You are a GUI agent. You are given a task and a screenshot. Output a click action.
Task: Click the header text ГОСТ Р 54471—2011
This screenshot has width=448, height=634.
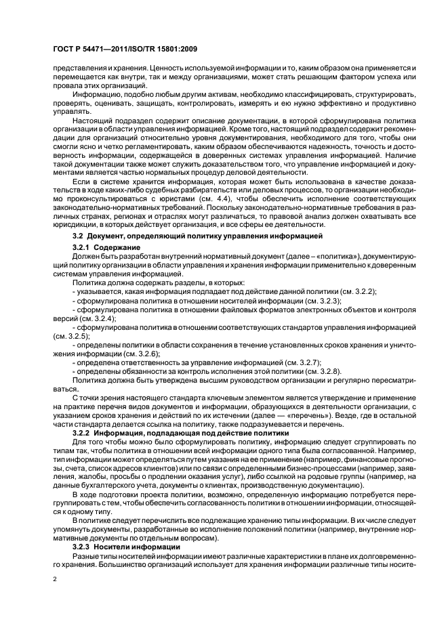tap(81, 50)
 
